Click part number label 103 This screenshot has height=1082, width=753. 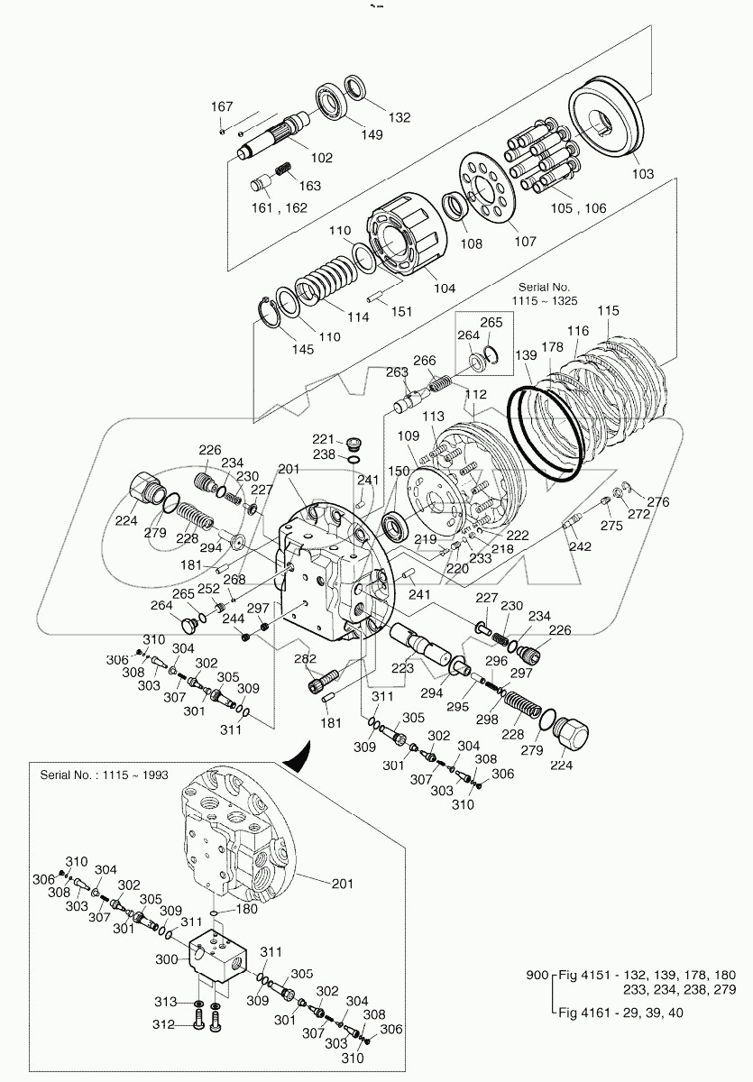pyautogui.click(x=642, y=173)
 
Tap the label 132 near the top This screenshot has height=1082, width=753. pyautogui.click(x=399, y=117)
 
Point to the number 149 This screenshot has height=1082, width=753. pyautogui.click(x=371, y=135)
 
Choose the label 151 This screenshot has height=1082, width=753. pyautogui.click(x=402, y=311)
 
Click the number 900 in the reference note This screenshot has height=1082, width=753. pyautogui.click(x=537, y=975)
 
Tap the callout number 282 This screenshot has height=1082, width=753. pyautogui.click(x=306, y=659)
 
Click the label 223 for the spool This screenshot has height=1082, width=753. pyautogui.click(x=402, y=668)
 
